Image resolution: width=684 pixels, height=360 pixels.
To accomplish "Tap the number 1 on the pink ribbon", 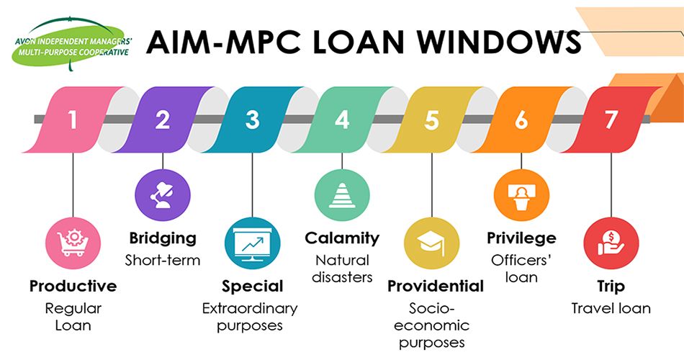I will point(72,120).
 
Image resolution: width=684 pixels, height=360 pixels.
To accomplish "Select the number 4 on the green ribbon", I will point(342,120).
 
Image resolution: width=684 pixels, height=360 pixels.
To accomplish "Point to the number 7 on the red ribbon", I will point(611,120).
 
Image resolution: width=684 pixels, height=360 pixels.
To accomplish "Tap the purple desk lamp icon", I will point(162,196).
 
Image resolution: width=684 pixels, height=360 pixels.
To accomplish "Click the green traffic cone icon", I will point(342,196).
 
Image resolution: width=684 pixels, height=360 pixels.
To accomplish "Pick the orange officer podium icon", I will point(521,196).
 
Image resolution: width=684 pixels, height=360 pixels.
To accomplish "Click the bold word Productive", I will point(73,286).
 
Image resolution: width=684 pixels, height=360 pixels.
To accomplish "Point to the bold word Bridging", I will point(162,238).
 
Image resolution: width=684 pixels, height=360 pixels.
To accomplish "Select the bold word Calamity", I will point(342,238).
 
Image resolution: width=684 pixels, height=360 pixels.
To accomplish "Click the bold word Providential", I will point(436,286).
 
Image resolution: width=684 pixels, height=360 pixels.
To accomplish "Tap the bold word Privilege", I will point(521,238).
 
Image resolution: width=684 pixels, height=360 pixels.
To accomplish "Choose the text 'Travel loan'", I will point(611,308).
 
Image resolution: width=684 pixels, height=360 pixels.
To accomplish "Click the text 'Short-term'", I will point(162,259).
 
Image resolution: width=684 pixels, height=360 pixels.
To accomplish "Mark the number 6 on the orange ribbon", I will point(521,120).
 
